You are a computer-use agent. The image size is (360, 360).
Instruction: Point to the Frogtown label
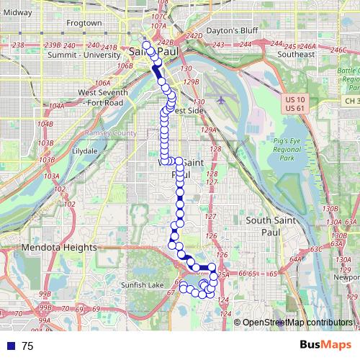[x=84, y=23]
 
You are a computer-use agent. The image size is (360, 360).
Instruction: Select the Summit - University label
[x=76, y=54]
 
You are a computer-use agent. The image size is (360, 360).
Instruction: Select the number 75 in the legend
[x=27, y=346]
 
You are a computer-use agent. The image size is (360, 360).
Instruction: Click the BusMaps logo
[x=325, y=346]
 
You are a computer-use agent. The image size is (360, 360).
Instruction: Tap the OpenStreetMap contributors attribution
[x=297, y=322]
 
